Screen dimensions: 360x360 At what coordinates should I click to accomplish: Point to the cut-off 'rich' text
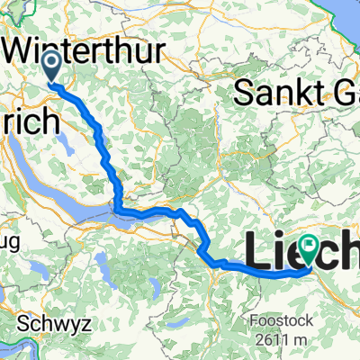(31, 122)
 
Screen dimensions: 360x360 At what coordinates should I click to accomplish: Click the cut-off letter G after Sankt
(347, 90)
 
